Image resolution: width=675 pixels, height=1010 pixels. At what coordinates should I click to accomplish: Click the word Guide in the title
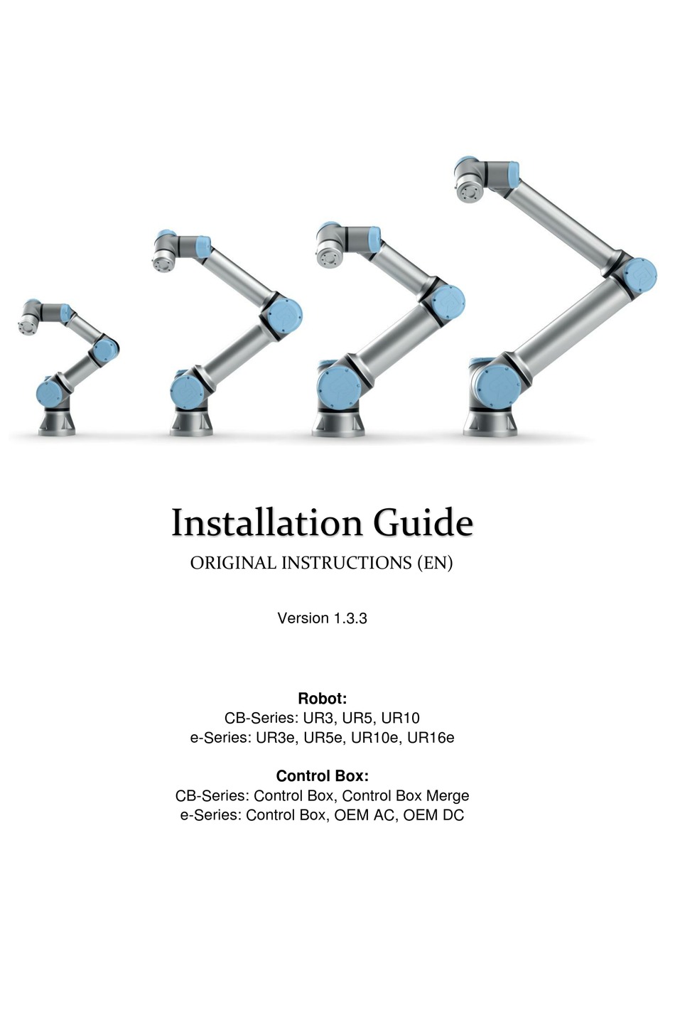[423, 524]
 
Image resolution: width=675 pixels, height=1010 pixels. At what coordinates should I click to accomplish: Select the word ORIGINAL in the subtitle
[233, 563]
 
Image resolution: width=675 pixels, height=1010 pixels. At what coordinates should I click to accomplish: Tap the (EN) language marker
[433, 563]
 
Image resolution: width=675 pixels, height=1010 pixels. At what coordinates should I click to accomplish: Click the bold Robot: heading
[322, 699]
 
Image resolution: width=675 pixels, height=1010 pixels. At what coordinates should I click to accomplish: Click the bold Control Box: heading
[322, 776]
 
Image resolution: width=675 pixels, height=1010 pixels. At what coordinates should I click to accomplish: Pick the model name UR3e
[276, 738]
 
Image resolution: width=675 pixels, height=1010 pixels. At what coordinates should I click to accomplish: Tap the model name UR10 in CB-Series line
[400, 719]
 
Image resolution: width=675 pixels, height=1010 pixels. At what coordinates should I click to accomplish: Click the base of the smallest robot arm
[57, 422]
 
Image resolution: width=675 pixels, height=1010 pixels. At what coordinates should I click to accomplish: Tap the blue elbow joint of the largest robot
[637, 276]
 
